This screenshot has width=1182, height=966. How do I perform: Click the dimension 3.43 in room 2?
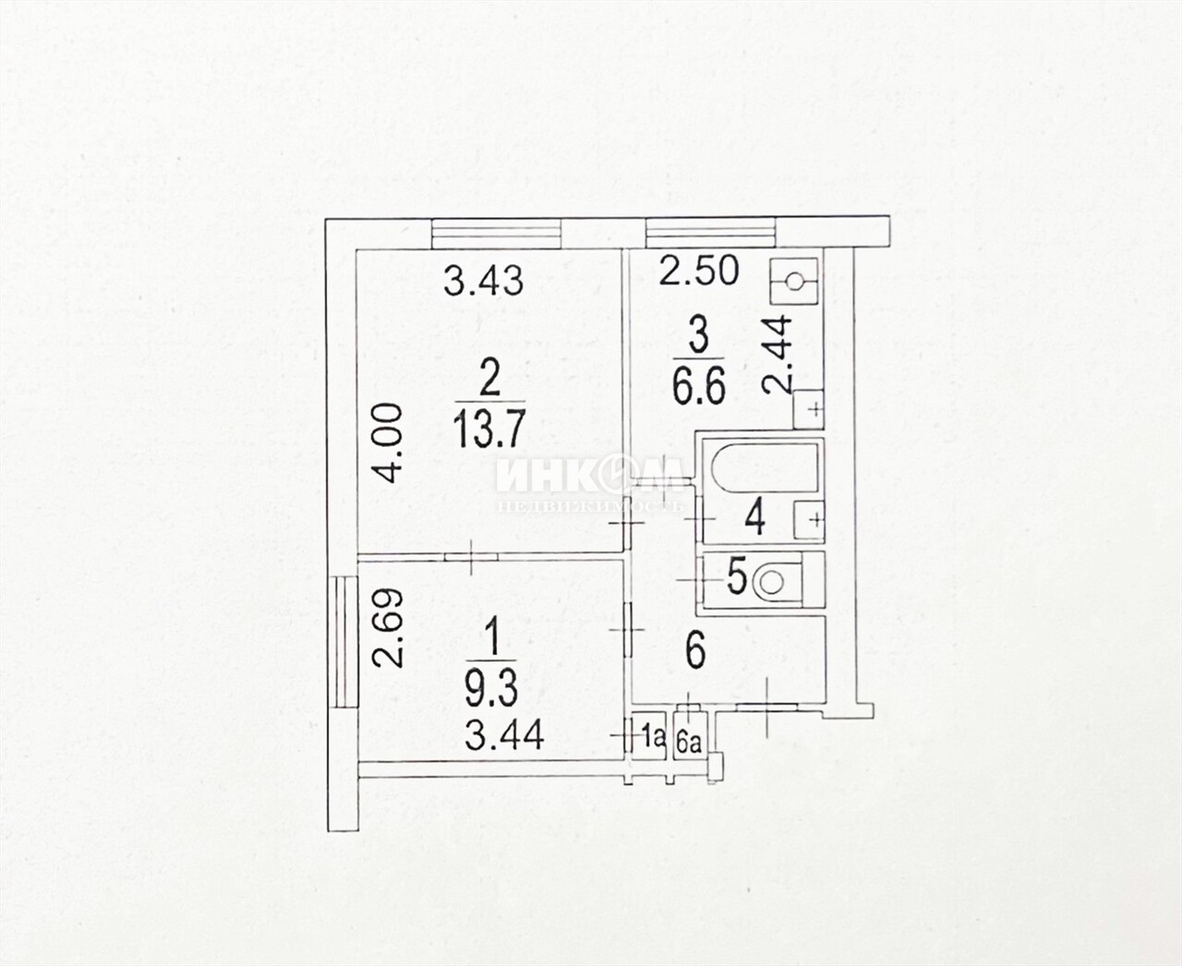[x=483, y=281]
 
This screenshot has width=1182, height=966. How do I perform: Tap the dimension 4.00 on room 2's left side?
[x=389, y=443]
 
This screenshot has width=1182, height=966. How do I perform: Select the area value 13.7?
[x=489, y=429]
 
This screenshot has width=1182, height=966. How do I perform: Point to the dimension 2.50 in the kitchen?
[x=698, y=271]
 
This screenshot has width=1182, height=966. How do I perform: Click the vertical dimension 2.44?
[x=778, y=354]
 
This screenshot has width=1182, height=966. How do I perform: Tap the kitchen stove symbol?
[x=793, y=281]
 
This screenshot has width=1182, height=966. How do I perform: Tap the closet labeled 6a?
[x=690, y=737]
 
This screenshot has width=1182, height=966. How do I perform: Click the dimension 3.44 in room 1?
[x=504, y=735]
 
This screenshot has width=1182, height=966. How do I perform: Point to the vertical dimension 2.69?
[x=389, y=628]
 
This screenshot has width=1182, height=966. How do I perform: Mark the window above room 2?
[x=497, y=234]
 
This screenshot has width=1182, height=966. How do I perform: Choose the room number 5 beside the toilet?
[x=737, y=579]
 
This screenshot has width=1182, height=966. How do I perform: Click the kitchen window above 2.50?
[x=711, y=234]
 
